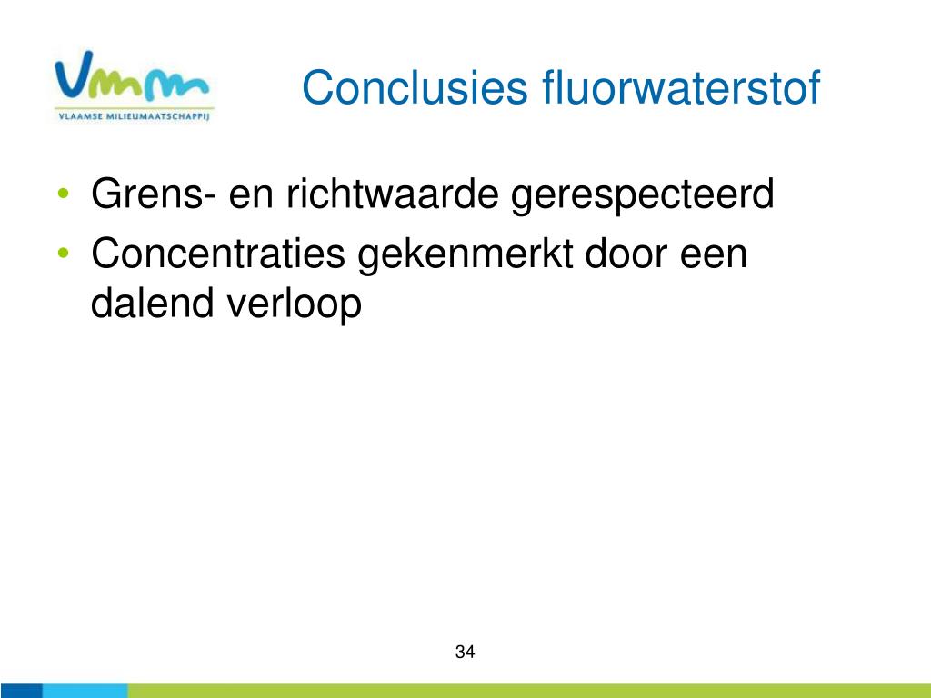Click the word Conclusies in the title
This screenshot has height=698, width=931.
[415, 88]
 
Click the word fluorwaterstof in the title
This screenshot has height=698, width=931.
[681, 87]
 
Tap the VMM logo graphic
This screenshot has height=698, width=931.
[132, 75]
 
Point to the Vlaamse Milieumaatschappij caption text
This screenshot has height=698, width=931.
[135, 116]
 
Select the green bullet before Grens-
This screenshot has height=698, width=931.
[64, 194]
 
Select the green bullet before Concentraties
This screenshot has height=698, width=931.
[64, 254]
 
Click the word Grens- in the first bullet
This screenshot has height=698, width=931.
[154, 194]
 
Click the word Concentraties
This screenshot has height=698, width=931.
[218, 254]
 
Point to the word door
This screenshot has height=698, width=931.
[626, 254]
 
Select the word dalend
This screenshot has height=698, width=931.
[152, 303]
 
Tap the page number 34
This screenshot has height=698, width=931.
[465, 652]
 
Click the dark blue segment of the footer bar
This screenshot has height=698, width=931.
[21, 691]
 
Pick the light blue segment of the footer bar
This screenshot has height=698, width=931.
[85, 691]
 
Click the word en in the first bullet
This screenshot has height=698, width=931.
[251, 198]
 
